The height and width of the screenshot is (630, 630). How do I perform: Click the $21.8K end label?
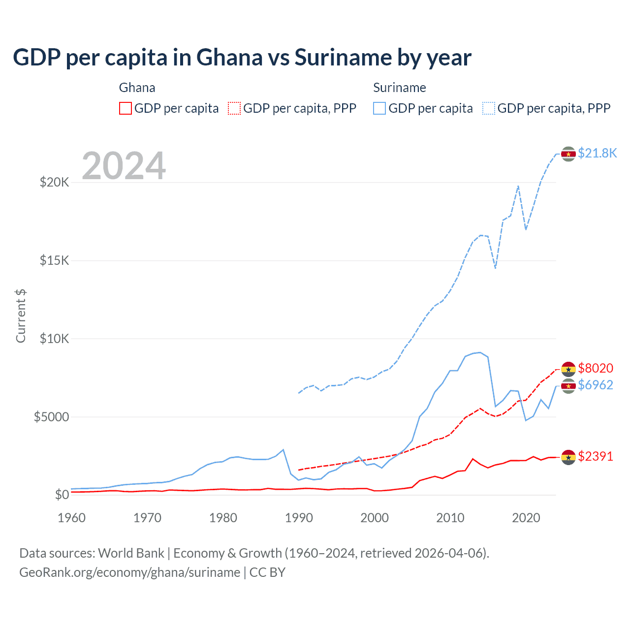(597, 153)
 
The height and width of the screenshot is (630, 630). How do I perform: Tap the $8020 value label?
(596, 368)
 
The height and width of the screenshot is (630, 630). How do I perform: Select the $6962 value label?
(596, 385)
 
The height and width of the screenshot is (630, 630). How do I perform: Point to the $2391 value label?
(596, 456)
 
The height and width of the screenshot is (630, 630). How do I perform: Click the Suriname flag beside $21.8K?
(568, 154)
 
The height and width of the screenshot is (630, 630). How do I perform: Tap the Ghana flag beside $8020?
(568, 369)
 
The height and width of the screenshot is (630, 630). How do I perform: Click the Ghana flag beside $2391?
(568, 457)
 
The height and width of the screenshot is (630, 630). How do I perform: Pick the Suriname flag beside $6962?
(568, 386)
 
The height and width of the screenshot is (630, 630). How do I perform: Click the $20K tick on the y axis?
(54, 183)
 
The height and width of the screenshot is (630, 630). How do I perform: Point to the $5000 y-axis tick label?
(51, 417)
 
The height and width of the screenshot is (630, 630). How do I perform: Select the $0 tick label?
(62, 495)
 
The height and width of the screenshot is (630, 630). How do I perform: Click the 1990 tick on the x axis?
(299, 518)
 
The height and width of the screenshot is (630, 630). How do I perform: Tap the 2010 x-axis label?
(450, 518)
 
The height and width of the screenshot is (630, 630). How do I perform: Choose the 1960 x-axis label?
(72, 518)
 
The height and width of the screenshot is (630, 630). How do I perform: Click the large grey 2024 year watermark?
(124, 166)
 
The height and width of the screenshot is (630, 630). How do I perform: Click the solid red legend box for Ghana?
(126, 108)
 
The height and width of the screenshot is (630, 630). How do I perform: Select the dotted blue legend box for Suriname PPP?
(489, 108)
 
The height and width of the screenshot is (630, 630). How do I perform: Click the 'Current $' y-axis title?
(21, 316)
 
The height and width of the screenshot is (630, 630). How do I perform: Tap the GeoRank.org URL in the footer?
(129, 572)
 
